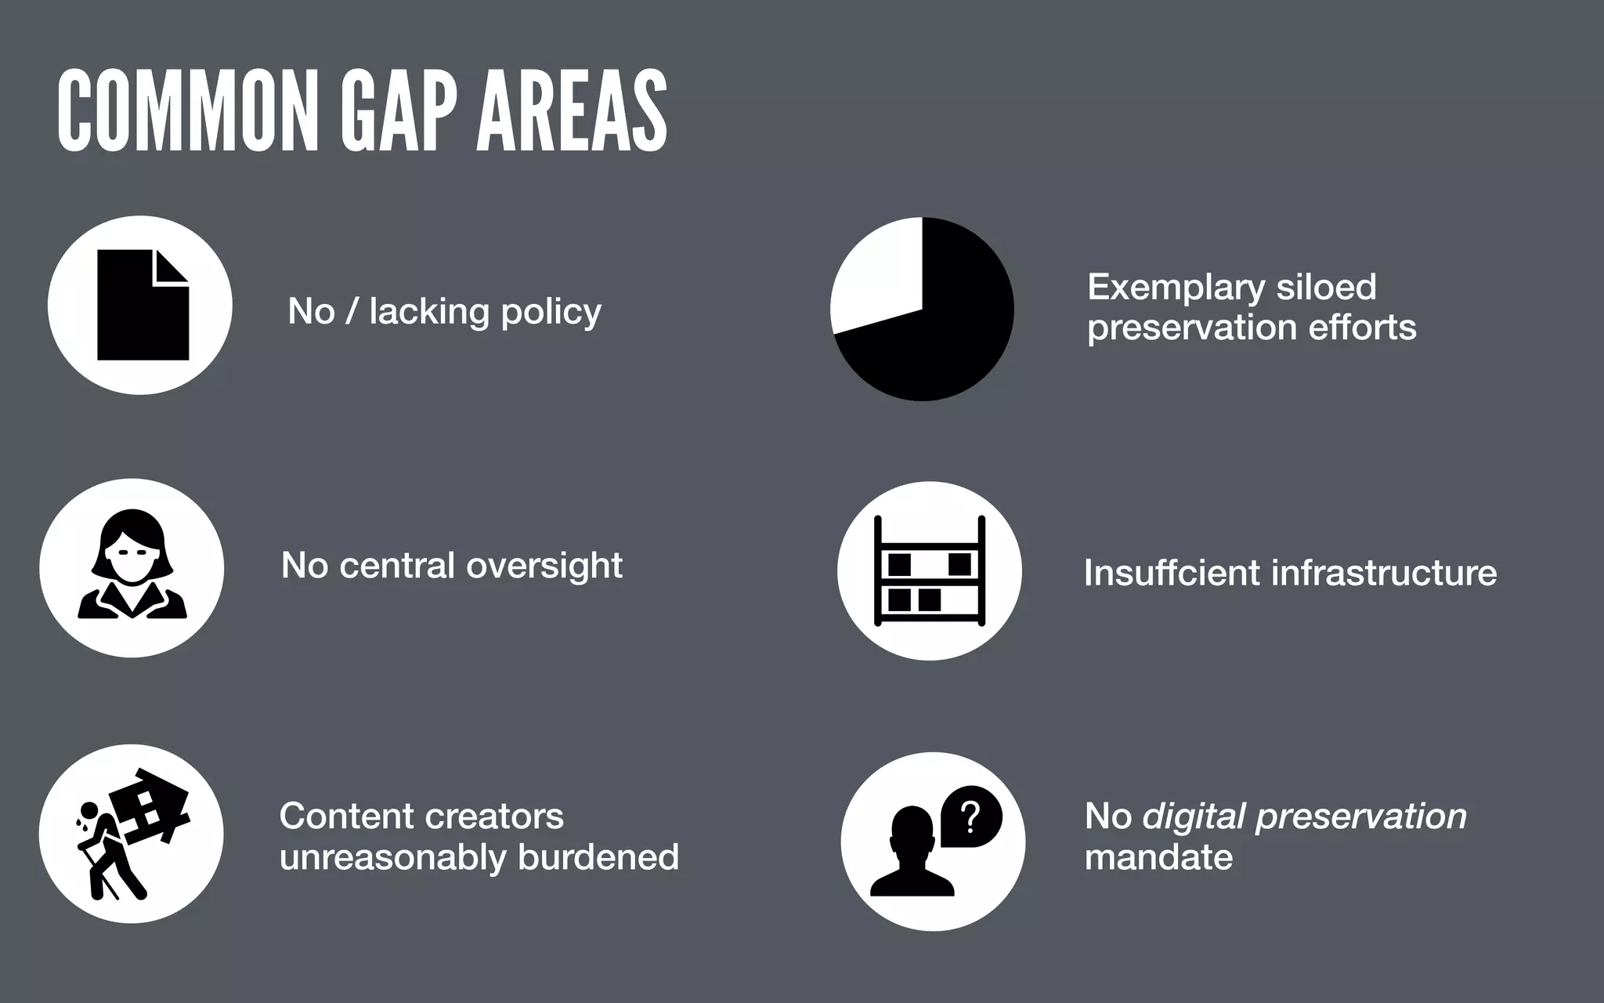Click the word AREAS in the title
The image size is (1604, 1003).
[x=572, y=111]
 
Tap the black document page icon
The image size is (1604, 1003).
[x=141, y=310]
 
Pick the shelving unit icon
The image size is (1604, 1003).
[x=929, y=570]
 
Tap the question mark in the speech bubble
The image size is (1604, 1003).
[x=970, y=817]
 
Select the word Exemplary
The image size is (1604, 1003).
[x=1176, y=288]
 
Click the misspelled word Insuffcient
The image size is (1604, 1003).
[x=1169, y=573]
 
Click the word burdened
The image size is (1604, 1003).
[x=598, y=856]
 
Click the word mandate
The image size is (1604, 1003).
[x=1158, y=857]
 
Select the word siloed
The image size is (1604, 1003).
[x=1326, y=288]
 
